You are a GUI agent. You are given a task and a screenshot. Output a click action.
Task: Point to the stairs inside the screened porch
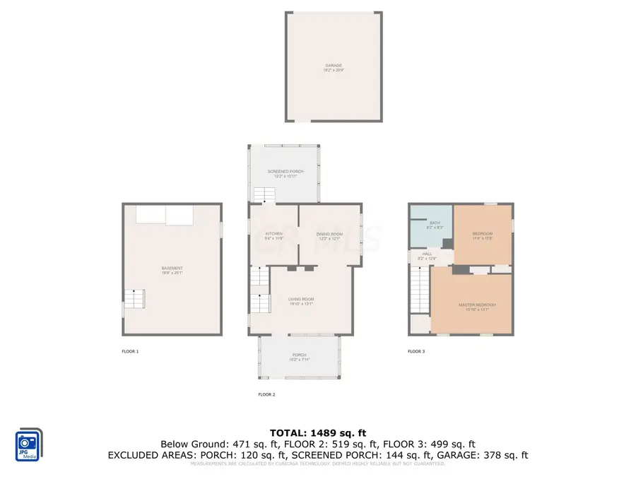(264, 194)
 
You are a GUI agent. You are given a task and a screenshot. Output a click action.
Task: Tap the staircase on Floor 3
(420, 291)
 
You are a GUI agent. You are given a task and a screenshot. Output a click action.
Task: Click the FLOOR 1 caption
(131, 351)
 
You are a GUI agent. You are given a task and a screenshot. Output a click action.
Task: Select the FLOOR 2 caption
(266, 394)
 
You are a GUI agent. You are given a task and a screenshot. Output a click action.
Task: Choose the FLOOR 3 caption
(416, 351)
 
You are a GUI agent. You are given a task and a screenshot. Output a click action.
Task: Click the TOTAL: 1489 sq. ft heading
(318, 432)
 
